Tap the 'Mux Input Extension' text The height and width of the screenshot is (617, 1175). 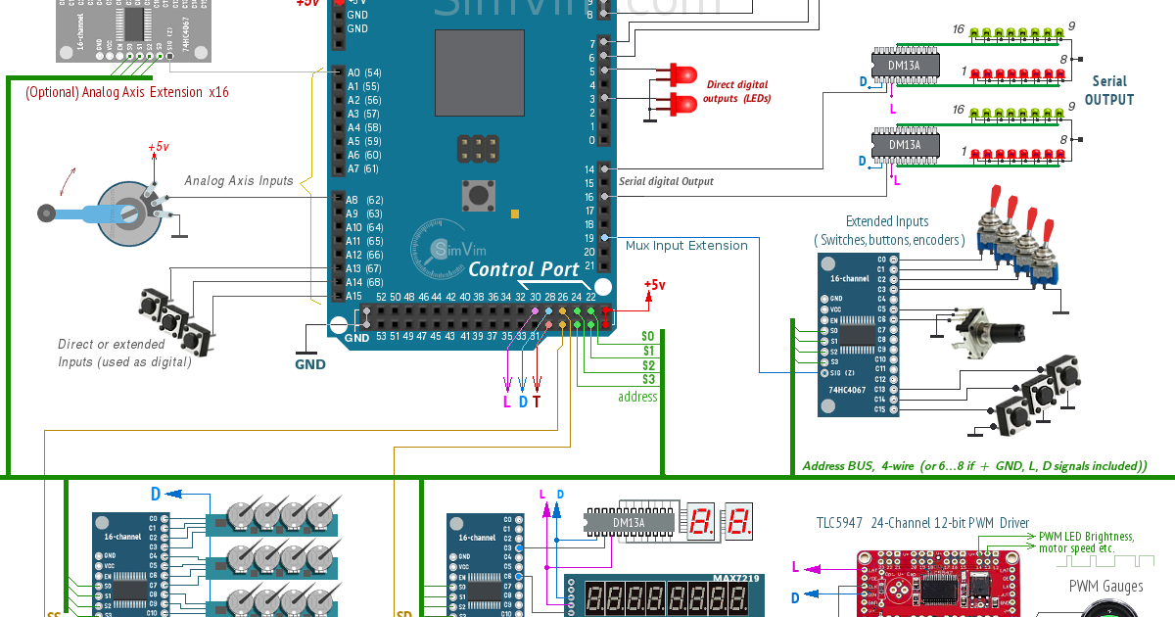coord(686,246)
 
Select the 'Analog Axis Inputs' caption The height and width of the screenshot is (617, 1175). coord(239,181)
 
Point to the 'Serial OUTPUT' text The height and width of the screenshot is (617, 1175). coord(1109,90)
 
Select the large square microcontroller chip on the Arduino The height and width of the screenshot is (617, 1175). coord(480,73)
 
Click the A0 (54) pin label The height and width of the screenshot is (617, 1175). coord(364,72)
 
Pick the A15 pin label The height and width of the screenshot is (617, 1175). coord(353,296)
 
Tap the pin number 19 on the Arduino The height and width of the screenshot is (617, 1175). coord(588,238)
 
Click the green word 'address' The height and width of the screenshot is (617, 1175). coord(636,397)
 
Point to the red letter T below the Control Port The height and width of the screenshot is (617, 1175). coord(537,402)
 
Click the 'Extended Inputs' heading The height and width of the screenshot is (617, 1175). coord(887,221)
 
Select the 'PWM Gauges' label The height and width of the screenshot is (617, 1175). coord(1105,587)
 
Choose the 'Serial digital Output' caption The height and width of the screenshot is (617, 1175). coord(666,181)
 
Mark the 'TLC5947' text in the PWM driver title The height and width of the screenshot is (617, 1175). coord(839,524)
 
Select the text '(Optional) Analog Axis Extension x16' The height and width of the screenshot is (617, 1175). coord(127,92)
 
